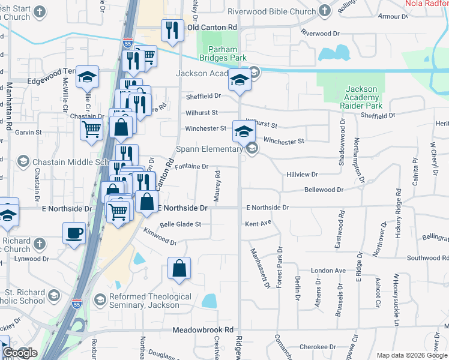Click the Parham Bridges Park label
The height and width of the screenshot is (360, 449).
click(x=228, y=53)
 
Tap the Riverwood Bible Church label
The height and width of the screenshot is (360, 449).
click(x=272, y=11)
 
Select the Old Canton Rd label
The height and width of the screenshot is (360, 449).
click(x=212, y=28)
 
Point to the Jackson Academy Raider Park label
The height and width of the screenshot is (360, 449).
click(x=362, y=98)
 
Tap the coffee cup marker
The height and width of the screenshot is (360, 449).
click(x=74, y=233)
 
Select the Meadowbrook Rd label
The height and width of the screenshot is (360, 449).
click(x=202, y=330)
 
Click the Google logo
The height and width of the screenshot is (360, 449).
click(x=20, y=353)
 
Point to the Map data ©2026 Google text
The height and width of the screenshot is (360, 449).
click(x=412, y=355)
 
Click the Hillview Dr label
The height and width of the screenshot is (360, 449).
click(x=302, y=174)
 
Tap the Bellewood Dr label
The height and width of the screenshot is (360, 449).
click(x=324, y=190)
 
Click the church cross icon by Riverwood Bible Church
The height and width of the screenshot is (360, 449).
click(x=325, y=11)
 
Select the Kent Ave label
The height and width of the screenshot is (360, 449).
click(x=258, y=223)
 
